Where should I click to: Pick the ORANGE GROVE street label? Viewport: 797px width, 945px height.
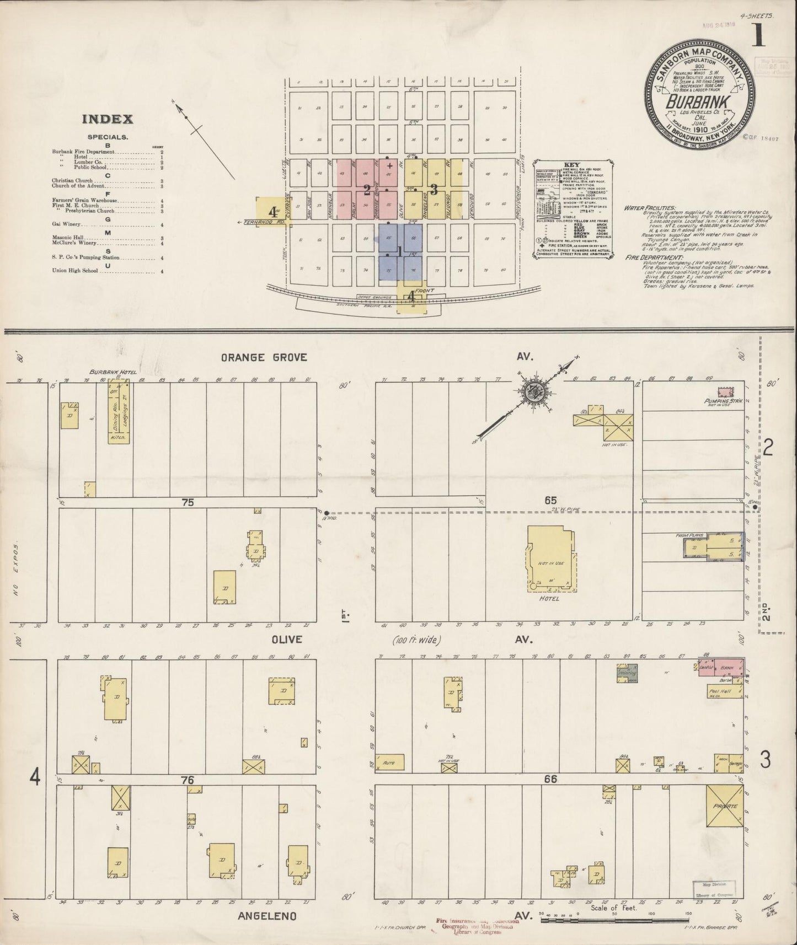[x=264, y=357]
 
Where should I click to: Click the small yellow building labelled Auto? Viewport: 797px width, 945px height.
[x=392, y=763]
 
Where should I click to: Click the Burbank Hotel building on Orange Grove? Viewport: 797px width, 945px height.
[x=118, y=414]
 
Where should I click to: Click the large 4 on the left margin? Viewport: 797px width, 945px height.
[x=35, y=777]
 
